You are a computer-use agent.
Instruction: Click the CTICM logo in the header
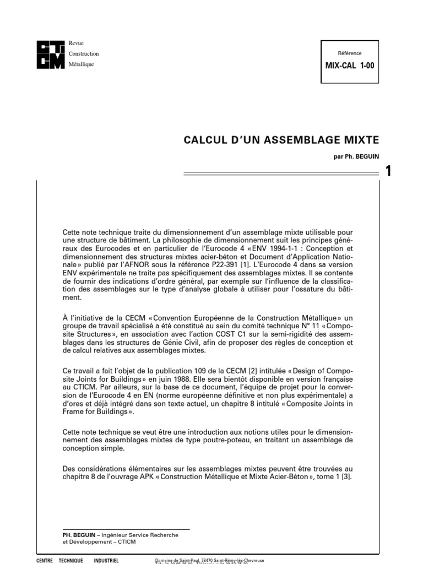click(x=50, y=54)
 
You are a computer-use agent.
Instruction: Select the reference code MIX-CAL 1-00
click(x=350, y=66)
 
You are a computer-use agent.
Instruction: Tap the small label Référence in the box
click(x=350, y=53)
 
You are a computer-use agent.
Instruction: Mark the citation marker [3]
click(x=346, y=477)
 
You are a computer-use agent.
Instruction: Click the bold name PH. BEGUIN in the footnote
click(x=79, y=534)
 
